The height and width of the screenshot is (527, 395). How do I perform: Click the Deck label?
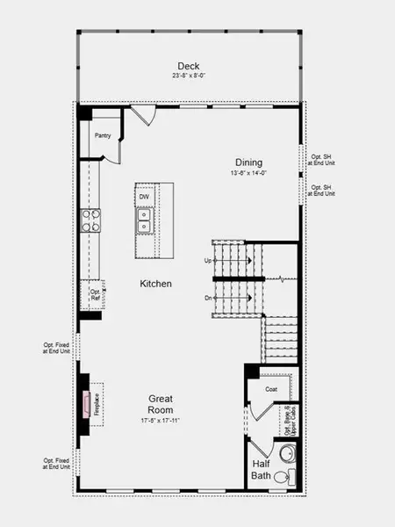[x=188, y=66]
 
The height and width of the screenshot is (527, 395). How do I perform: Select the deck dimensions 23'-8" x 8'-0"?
[x=188, y=76]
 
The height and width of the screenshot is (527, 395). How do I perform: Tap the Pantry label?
[x=102, y=136]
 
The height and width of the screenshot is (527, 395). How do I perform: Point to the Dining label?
[x=248, y=162]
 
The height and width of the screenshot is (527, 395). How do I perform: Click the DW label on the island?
[x=144, y=198]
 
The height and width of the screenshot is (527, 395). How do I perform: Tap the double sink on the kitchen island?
[x=144, y=220]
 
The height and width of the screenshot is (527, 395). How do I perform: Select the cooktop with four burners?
[x=90, y=220]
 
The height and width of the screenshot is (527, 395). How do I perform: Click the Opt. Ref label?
[x=95, y=294]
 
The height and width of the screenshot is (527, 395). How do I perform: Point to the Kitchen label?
[x=155, y=284]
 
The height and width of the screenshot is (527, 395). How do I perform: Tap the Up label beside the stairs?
[x=208, y=261]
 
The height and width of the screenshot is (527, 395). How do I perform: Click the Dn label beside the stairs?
[x=208, y=298]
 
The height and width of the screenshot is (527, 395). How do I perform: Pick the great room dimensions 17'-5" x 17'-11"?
[x=160, y=422]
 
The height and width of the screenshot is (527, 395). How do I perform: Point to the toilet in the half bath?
[x=283, y=475]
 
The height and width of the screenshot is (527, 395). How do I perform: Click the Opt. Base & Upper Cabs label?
[x=287, y=420]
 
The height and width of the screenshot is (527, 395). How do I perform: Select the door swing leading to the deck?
[x=143, y=115]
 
